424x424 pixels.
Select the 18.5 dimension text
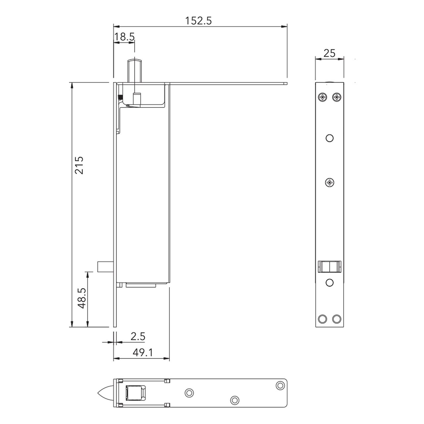(124, 37)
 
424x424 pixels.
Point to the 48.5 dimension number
(82, 298)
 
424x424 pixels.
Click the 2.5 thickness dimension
(138, 336)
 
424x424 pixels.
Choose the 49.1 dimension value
(143, 352)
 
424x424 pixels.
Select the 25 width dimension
(329, 53)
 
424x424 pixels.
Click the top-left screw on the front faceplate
(322, 97)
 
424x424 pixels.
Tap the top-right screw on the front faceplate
(337, 97)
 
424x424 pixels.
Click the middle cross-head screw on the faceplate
(330, 182)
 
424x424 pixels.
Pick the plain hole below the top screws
(329, 138)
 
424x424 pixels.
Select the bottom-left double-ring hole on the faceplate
(322, 319)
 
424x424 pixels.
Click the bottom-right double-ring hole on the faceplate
(337, 319)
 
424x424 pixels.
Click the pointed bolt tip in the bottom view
(105, 393)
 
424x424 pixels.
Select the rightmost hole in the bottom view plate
(280, 385)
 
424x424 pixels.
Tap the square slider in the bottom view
(135, 393)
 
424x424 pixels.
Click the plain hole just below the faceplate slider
(329, 283)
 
